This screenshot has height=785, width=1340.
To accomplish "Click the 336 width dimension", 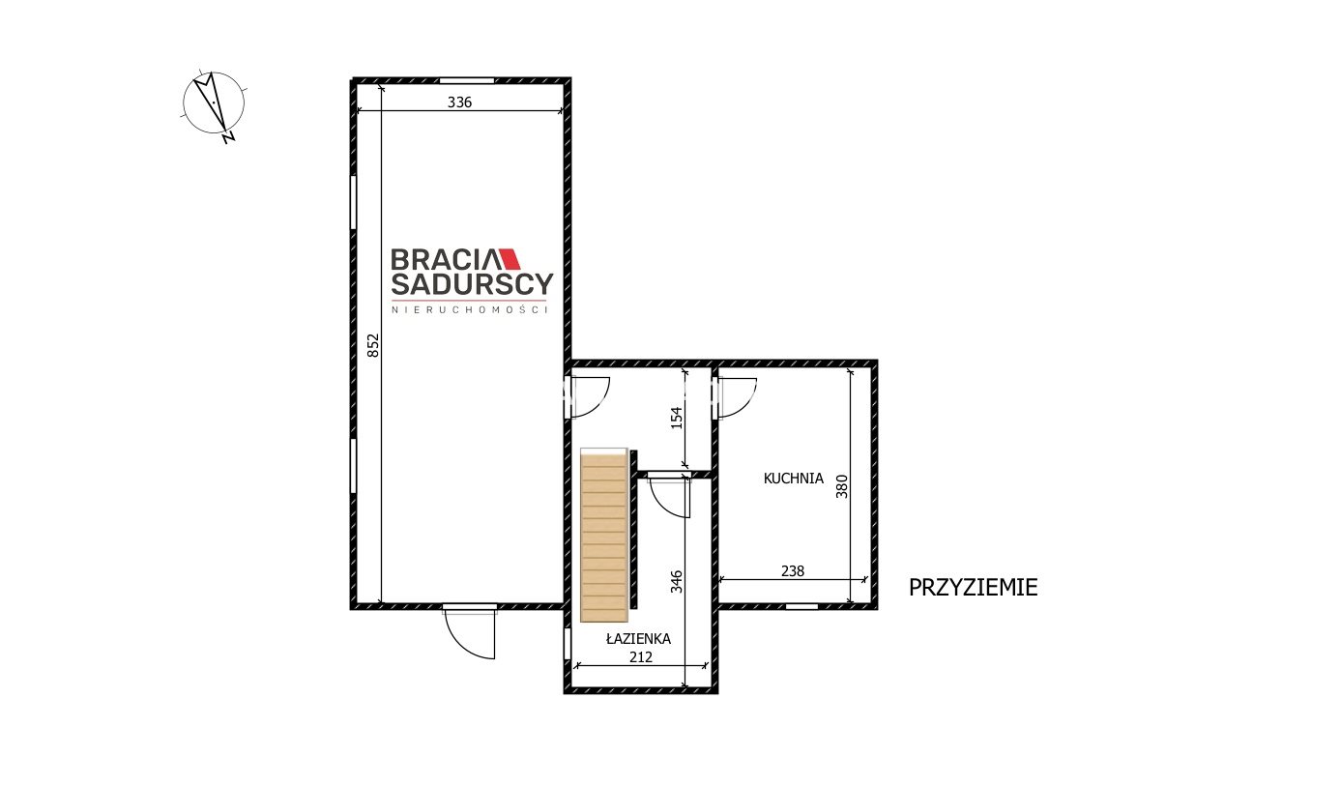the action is coord(459,102).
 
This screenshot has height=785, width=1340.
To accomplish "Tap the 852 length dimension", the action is coord(372,346).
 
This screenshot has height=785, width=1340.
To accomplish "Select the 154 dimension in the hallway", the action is coord(676,418).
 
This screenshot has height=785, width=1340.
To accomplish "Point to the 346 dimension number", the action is coord(676,582).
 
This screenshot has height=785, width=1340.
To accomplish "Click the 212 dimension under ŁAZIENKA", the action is coord(641,657).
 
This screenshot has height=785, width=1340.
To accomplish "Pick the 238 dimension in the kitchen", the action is coord(793,571).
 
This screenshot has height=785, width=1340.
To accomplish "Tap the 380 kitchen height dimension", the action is coord(842,486).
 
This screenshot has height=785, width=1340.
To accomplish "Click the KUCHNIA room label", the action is coord(794,479).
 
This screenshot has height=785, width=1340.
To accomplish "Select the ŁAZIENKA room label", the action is coord(638,638).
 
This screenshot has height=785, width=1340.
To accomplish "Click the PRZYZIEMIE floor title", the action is coord(974,588).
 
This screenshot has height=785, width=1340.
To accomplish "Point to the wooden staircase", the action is coord(604,535).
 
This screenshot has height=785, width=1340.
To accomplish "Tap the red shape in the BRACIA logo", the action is coord(510,258).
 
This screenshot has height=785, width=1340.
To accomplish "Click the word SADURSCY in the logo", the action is coord(472,284).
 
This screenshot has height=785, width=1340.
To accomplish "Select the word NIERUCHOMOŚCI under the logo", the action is coord(470,310).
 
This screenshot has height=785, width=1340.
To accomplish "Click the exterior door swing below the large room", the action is coord(470,634).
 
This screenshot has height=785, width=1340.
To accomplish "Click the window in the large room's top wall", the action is coord(467,80).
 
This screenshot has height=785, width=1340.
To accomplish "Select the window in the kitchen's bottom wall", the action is coord(801,606).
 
